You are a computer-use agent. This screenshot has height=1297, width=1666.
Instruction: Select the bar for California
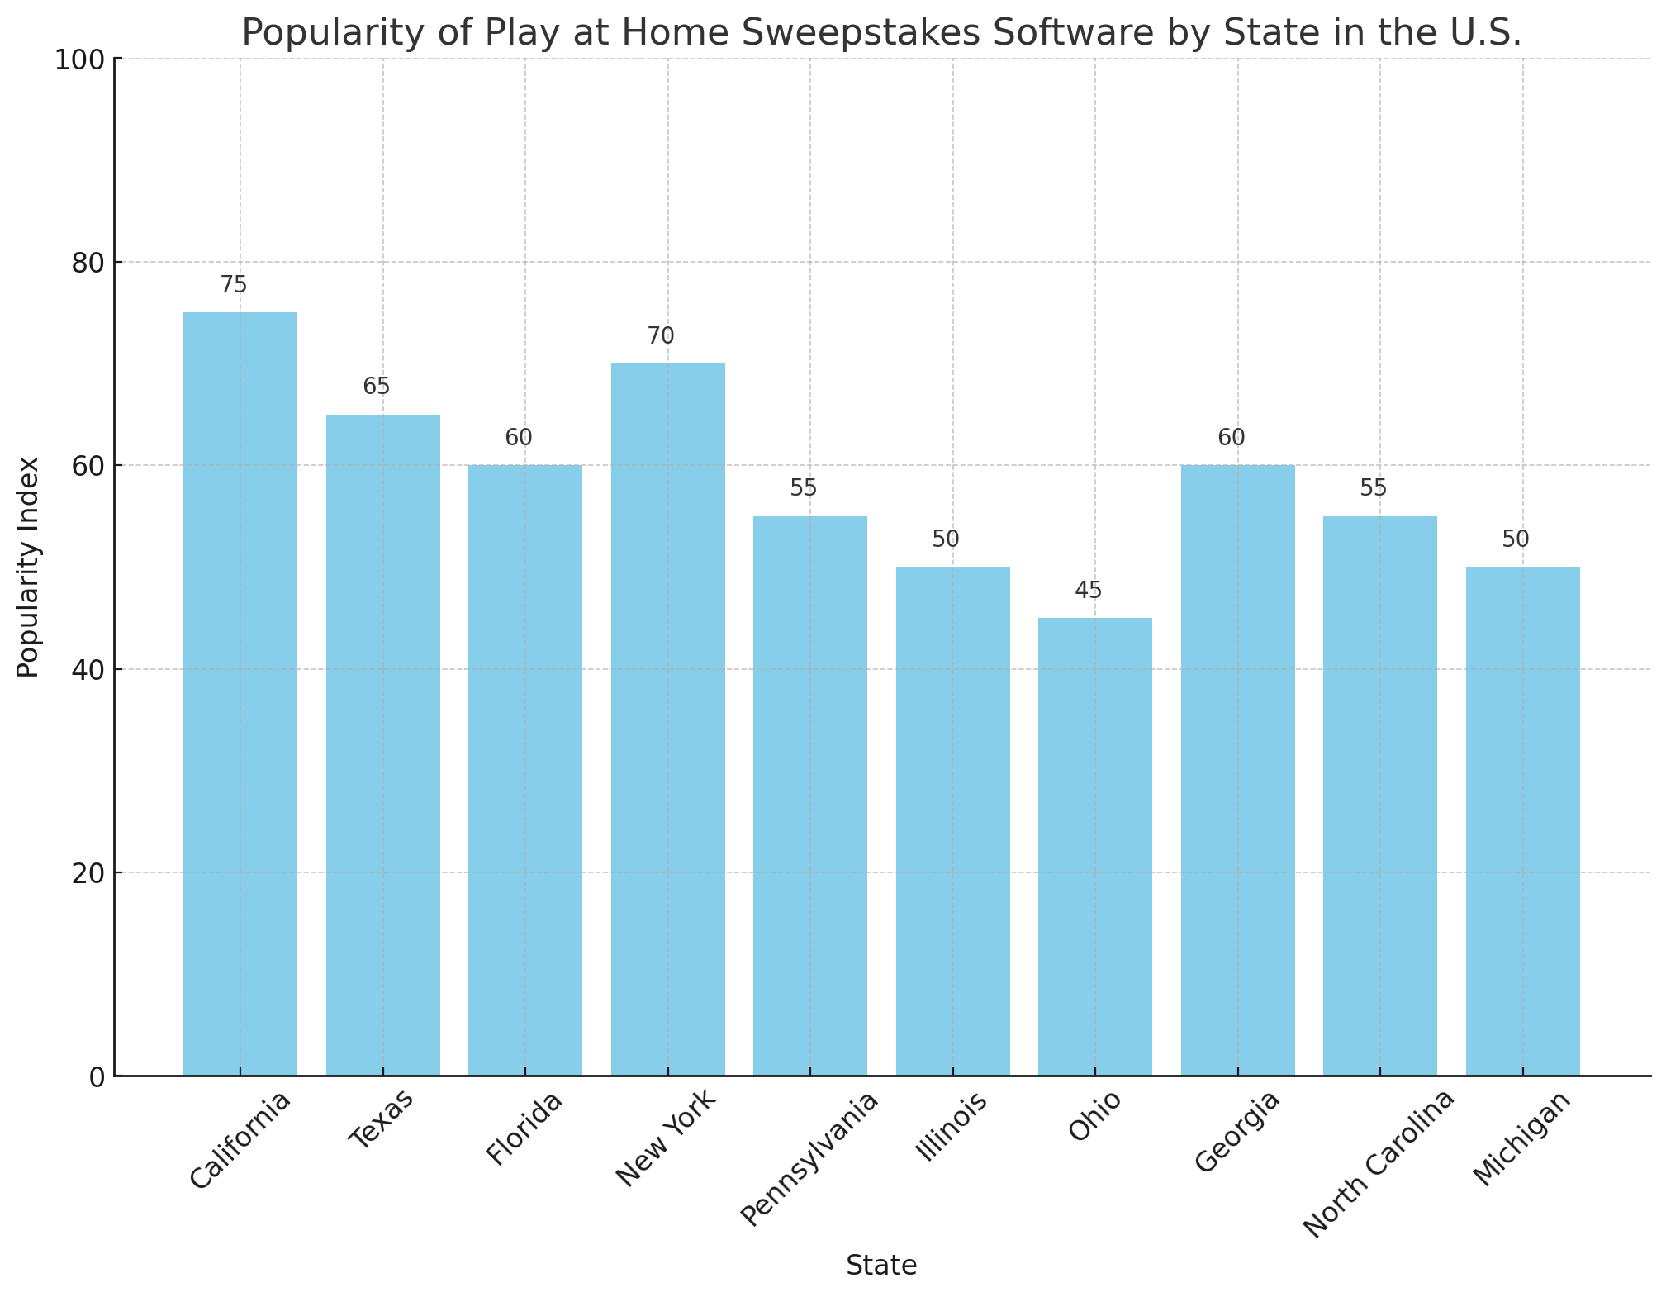(x=240, y=694)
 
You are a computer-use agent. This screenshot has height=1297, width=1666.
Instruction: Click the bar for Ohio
(x=1094, y=847)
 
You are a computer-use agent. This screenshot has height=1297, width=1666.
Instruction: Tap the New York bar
(x=667, y=719)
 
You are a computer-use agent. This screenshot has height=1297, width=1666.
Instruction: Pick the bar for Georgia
(x=1237, y=770)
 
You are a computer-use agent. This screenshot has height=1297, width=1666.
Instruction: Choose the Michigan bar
(x=1522, y=821)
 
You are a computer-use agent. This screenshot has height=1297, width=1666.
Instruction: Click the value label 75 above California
(x=234, y=285)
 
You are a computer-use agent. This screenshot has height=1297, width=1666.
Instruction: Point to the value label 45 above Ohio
(x=1088, y=591)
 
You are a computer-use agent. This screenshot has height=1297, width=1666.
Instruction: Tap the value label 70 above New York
(x=661, y=336)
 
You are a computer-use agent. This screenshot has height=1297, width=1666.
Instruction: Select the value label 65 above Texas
(x=376, y=387)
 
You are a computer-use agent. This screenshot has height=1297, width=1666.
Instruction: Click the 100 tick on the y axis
(x=84, y=59)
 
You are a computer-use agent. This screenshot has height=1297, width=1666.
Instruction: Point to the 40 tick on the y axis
(x=90, y=670)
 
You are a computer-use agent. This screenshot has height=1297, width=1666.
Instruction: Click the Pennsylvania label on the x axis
(x=810, y=1158)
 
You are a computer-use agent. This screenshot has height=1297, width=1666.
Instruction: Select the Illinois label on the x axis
(x=953, y=1128)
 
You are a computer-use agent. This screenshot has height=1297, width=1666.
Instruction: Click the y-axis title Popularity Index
(x=29, y=567)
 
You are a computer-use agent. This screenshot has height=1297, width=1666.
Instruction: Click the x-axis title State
(x=881, y=1266)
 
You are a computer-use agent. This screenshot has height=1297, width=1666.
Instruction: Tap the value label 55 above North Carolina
(x=1373, y=488)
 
